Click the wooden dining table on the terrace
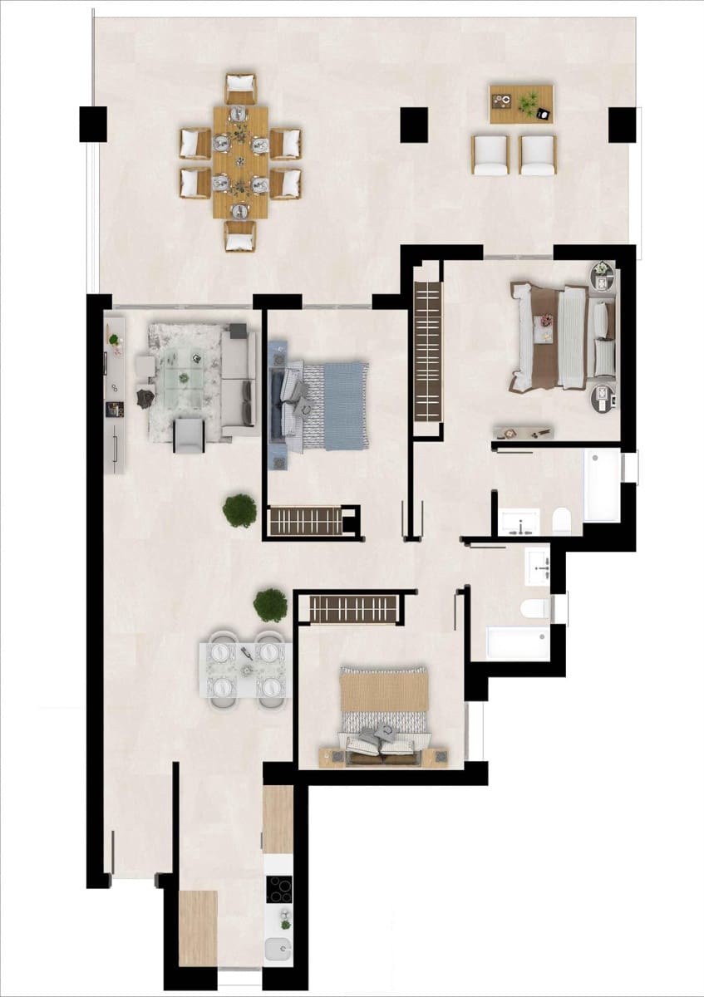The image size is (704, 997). tap(240, 161)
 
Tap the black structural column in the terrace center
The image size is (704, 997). tap(414, 125)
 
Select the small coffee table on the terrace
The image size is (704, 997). tap(521, 104)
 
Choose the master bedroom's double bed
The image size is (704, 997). tap(558, 337)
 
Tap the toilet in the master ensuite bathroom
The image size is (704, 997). tap(562, 522)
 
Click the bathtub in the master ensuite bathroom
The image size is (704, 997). tap(602, 484)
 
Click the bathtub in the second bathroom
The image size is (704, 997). tap(517, 644)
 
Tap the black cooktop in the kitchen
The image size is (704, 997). tap(278, 890)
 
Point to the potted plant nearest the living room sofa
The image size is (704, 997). tap(239, 510)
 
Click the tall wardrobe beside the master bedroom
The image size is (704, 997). tap(426, 348)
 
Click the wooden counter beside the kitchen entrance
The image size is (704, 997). tap(198, 927)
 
